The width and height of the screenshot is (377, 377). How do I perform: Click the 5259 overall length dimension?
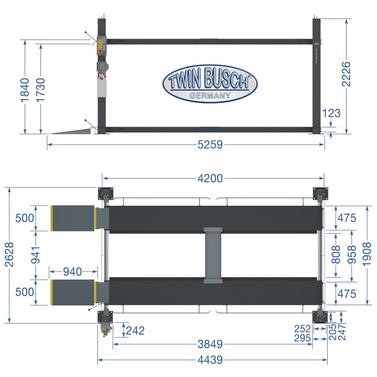click(210, 145)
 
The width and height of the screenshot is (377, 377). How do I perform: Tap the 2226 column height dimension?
click(346, 74)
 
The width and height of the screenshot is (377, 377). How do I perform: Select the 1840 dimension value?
click(25, 90)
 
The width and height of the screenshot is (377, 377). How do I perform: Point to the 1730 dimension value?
click(41, 90)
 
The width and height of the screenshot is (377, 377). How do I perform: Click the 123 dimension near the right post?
click(331, 113)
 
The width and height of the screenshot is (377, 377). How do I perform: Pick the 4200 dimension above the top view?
click(210, 179)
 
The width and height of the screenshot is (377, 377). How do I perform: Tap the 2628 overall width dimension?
click(10, 255)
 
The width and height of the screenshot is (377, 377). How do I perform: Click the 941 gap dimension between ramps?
click(36, 255)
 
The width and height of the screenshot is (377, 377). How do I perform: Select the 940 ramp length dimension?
click(73, 272)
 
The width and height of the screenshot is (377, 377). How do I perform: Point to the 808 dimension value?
click(336, 254)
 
